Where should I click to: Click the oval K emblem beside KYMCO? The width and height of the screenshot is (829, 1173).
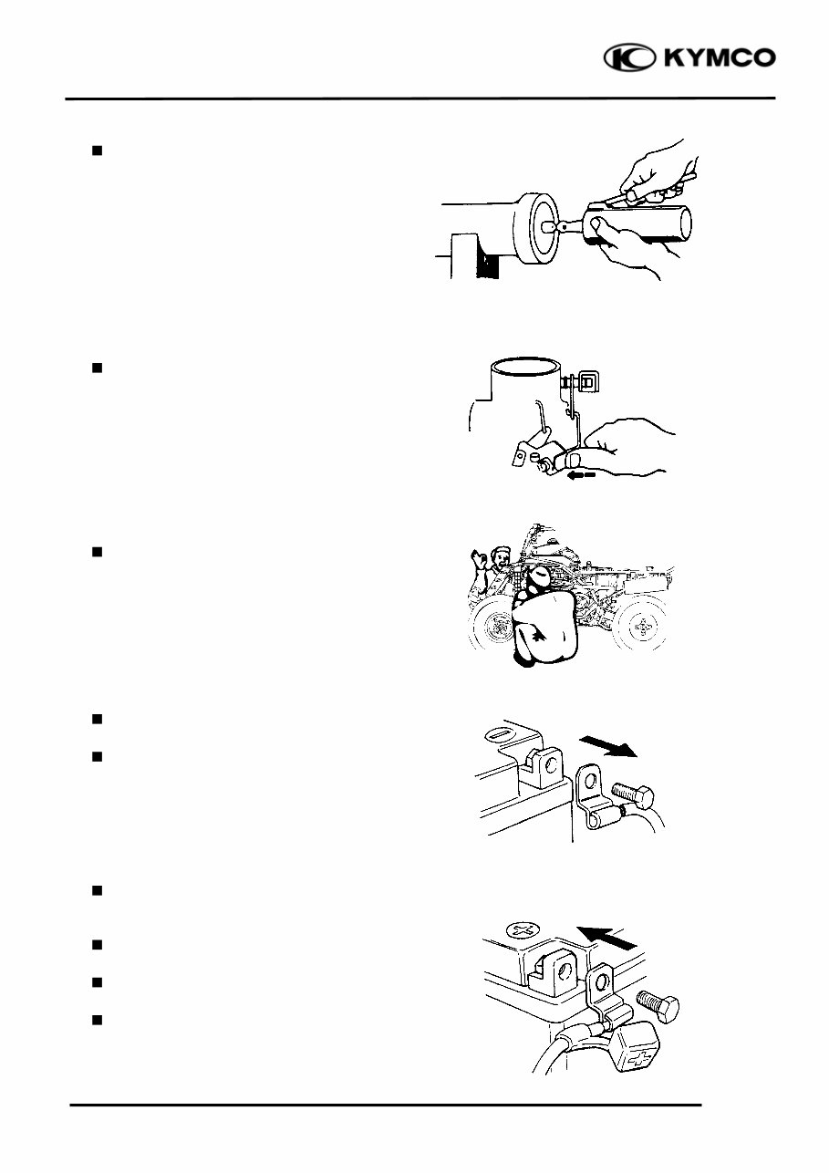629,58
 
